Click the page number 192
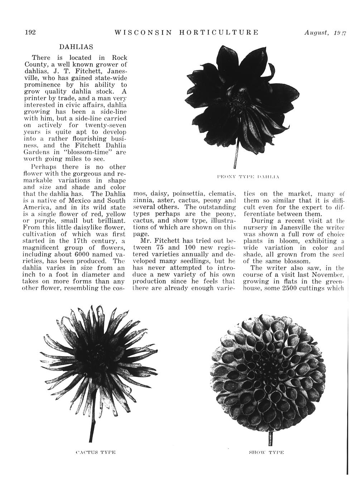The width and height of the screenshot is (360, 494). click(30, 32)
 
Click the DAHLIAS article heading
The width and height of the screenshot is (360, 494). click(76, 47)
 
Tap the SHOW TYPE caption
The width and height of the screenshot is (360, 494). click(266, 452)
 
